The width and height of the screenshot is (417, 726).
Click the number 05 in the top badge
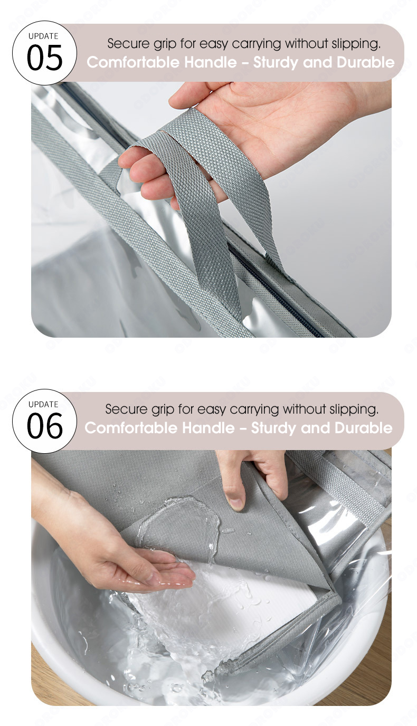44,58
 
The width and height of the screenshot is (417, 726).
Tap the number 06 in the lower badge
44,426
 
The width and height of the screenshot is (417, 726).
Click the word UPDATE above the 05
43,36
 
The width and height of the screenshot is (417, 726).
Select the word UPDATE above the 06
43,404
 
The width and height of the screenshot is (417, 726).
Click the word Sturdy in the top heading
276,63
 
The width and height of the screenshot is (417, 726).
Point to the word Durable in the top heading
365,62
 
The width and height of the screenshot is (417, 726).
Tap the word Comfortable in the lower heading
131,428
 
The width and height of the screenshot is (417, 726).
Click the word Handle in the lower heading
208,428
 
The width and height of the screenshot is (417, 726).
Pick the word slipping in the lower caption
354,409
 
